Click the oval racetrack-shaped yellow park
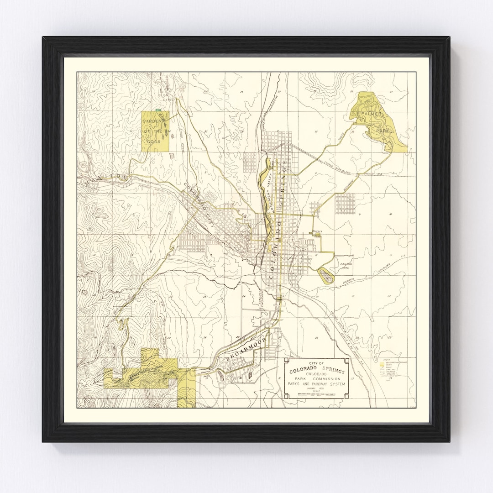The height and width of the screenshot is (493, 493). click(x=325, y=274)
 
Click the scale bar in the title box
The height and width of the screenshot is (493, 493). click(x=315, y=394)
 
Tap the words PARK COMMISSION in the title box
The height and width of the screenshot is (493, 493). click(x=316, y=379)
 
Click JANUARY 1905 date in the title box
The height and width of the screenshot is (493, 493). click(x=316, y=388)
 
